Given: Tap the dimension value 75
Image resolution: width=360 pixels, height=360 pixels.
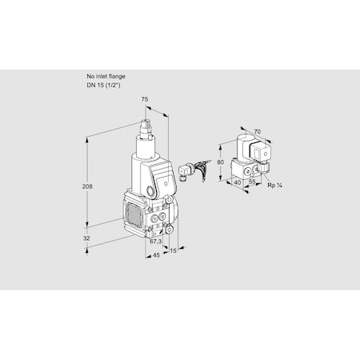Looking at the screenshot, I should coord(145,99).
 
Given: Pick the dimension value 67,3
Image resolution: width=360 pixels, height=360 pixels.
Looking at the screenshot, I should coord(156,241).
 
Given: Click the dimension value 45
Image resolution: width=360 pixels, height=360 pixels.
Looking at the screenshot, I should coord(157,256).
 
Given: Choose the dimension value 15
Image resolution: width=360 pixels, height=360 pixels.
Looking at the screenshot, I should coord(174,250).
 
